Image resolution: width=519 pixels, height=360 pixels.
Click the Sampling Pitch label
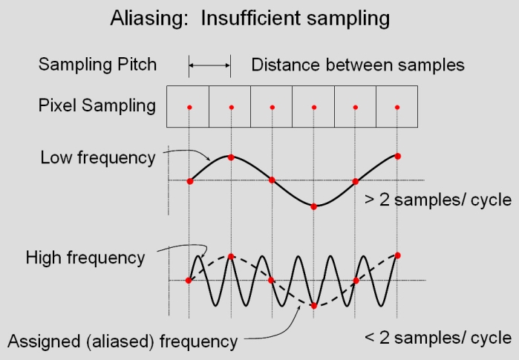pyautogui.click(x=97, y=64)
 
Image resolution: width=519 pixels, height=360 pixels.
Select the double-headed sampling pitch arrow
pyautogui.click(x=209, y=65)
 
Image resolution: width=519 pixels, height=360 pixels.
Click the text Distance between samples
pyautogui.click(x=358, y=65)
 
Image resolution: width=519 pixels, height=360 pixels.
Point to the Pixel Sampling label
pyautogui.click(x=97, y=105)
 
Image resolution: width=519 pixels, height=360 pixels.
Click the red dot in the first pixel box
pyautogui.click(x=189, y=107)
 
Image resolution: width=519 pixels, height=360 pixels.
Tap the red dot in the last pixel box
pyautogui.click(x=397, y=107)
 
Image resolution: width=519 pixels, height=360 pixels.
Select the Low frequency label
pyautogui.click(x=98, y=157)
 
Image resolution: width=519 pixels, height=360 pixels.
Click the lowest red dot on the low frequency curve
pyautogui.click(x=314, y=207)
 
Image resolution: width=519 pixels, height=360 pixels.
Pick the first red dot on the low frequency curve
pyautogui.click(x=189, y=181)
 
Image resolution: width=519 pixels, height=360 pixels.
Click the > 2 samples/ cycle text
pyautogui.click(x=438, y=200)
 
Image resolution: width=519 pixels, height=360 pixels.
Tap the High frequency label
pyautogui.click(x=85, y=258)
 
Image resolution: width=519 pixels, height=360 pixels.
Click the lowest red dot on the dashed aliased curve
pyautogui.click(x=314, y=306)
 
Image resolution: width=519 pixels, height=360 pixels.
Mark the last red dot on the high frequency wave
pyautogui.click(x=397, y=255)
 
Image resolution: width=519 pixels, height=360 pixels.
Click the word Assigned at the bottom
pyautogui.click(x=44, y=341)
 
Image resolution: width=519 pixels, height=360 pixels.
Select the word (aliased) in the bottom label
pyautogui.click(x=120, y=341)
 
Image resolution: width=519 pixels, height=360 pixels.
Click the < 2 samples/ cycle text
pyautogui.click(x=438, y=338)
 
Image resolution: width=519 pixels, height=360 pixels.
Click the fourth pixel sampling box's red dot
pyautogui.click(x=314, y=107)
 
